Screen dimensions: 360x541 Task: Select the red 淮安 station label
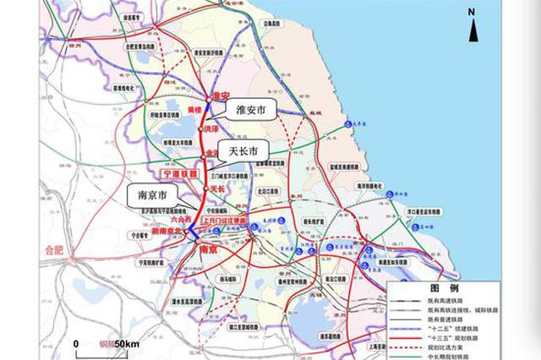[222, 95]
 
